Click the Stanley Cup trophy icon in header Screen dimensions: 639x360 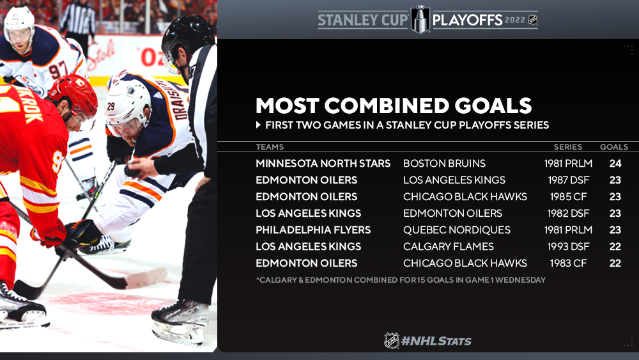[420, 19]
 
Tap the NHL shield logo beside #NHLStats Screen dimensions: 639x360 [392, 340]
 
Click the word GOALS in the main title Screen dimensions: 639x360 [493, 106]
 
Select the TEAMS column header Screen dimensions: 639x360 [270, 147]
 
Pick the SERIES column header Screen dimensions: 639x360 [567, 147]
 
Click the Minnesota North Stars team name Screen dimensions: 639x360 [323, 164]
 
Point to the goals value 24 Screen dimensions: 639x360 [615, 164]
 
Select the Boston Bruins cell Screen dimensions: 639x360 [444, 164]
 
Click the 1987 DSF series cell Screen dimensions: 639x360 [569, 180]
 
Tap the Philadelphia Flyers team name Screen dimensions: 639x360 [313, 230]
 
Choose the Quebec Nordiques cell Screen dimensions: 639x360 [457, 230]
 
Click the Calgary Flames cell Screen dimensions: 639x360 [449, 247]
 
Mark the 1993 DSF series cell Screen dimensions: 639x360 [569, 247]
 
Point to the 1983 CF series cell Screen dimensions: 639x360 [569, 263]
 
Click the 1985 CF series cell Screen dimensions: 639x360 [569, 196]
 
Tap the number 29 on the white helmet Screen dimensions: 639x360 [111, 106]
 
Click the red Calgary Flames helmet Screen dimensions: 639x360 [74, 95]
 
